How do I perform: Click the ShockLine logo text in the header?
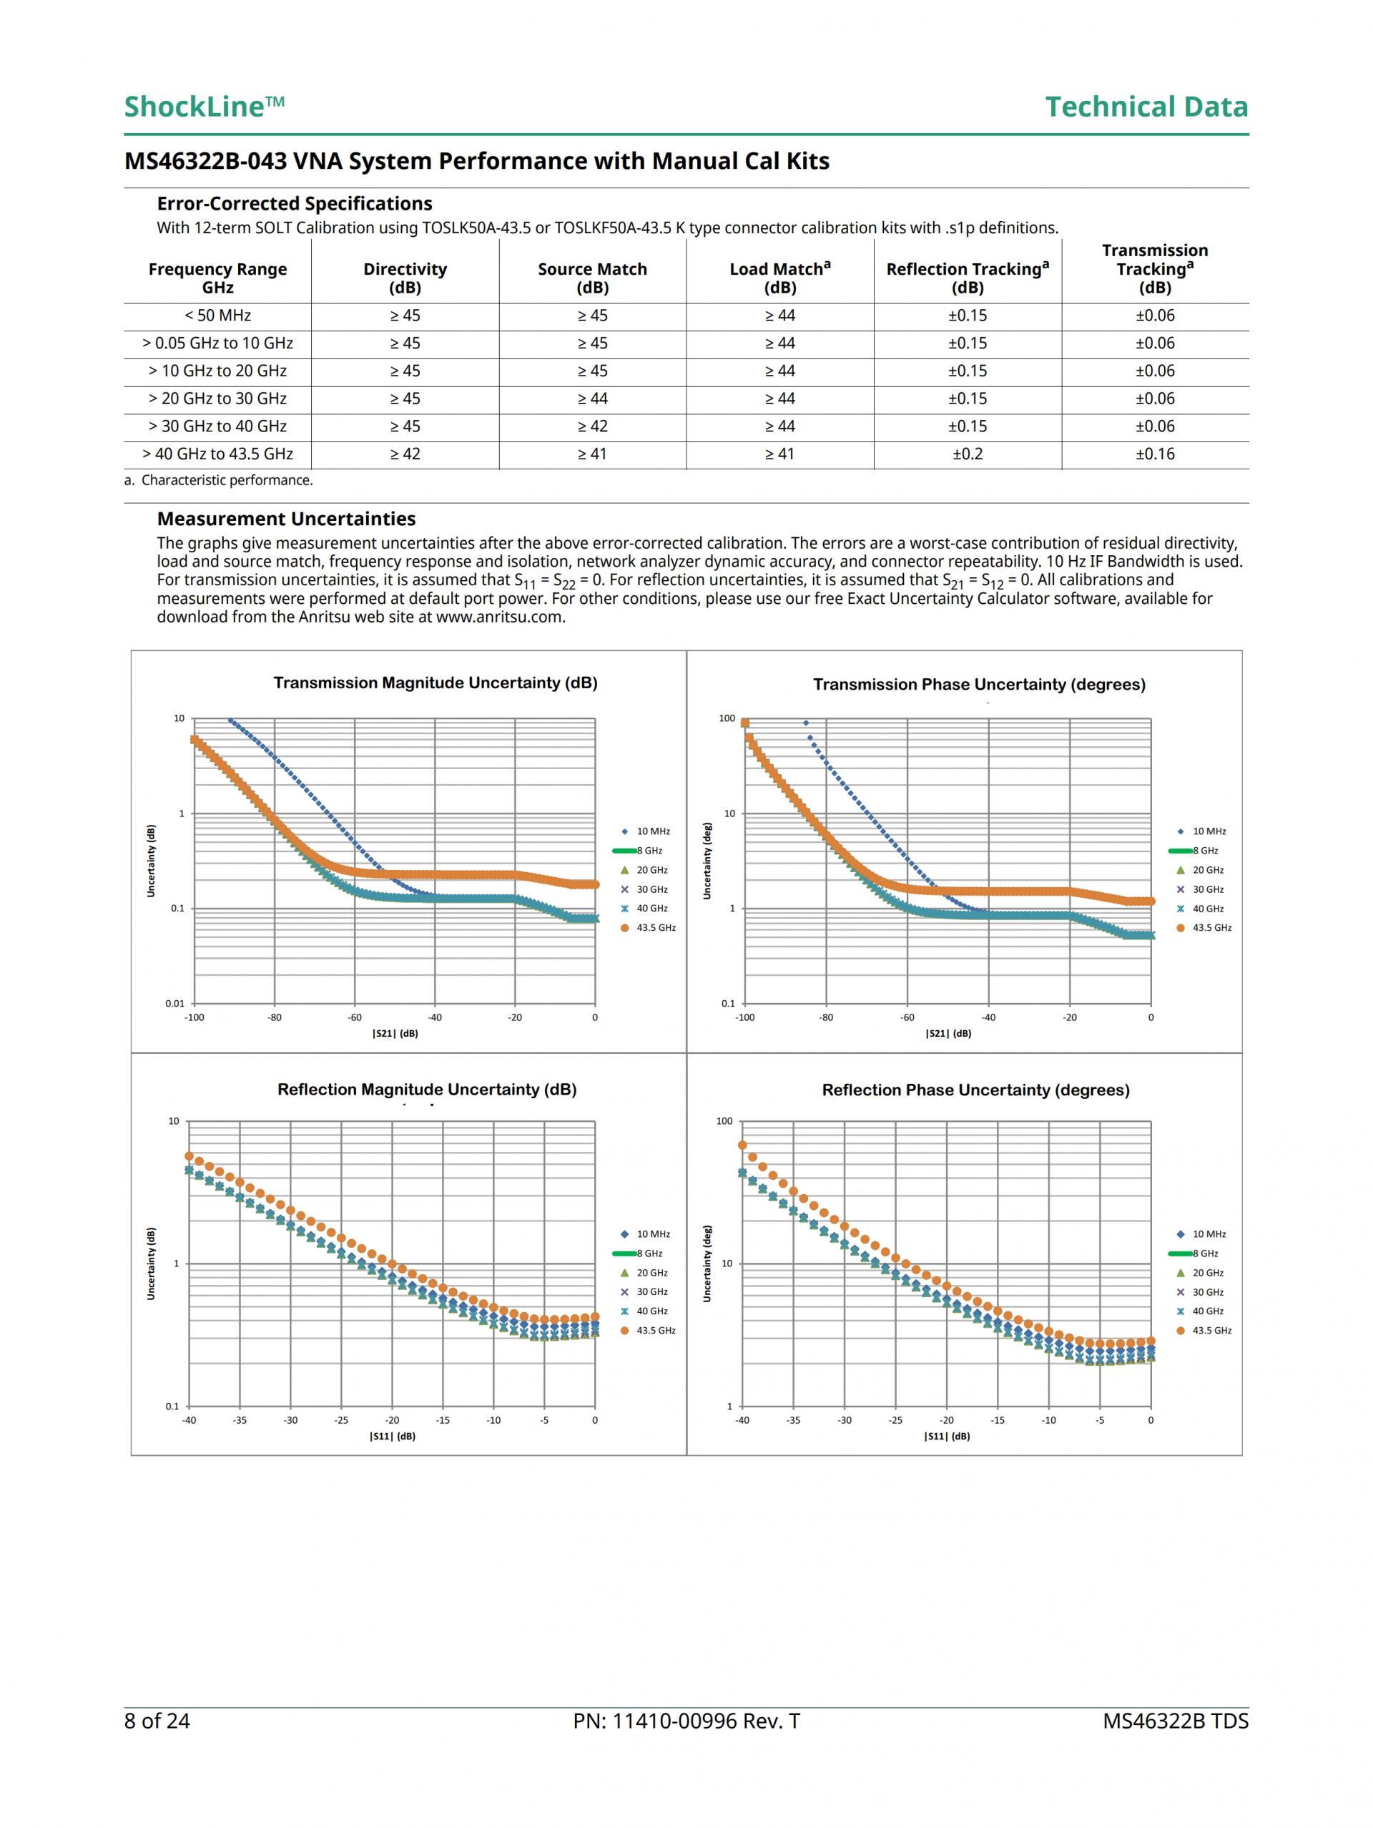click(204, 107)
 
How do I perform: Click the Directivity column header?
click(405, 278)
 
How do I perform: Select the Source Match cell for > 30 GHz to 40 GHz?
click(592, 426)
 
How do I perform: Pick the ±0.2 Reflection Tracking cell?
click(968, 454)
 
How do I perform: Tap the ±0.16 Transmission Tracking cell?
click(1155, 454)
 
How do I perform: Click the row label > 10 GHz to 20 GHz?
click(217, 371)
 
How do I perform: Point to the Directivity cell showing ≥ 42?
click(405, 454)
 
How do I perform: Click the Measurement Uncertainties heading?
click(286, 519)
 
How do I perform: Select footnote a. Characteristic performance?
click(219, 480)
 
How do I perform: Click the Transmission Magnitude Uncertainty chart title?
click(435, 683)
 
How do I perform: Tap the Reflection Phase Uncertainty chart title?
click(975, 1090)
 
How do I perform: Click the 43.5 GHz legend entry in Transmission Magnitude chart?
click(655, 928)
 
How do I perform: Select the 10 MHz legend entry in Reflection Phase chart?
click(1209, 1234)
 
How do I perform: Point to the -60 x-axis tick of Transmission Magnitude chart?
click(355, 1017)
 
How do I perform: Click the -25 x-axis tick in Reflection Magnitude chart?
click(341, 1419)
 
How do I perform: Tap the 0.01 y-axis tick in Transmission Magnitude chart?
click(175, 1003)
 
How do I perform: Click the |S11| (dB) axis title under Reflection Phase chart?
click(947, 1437)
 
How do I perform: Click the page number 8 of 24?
click(157, 1721)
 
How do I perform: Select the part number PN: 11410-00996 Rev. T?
click(686, 1721)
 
